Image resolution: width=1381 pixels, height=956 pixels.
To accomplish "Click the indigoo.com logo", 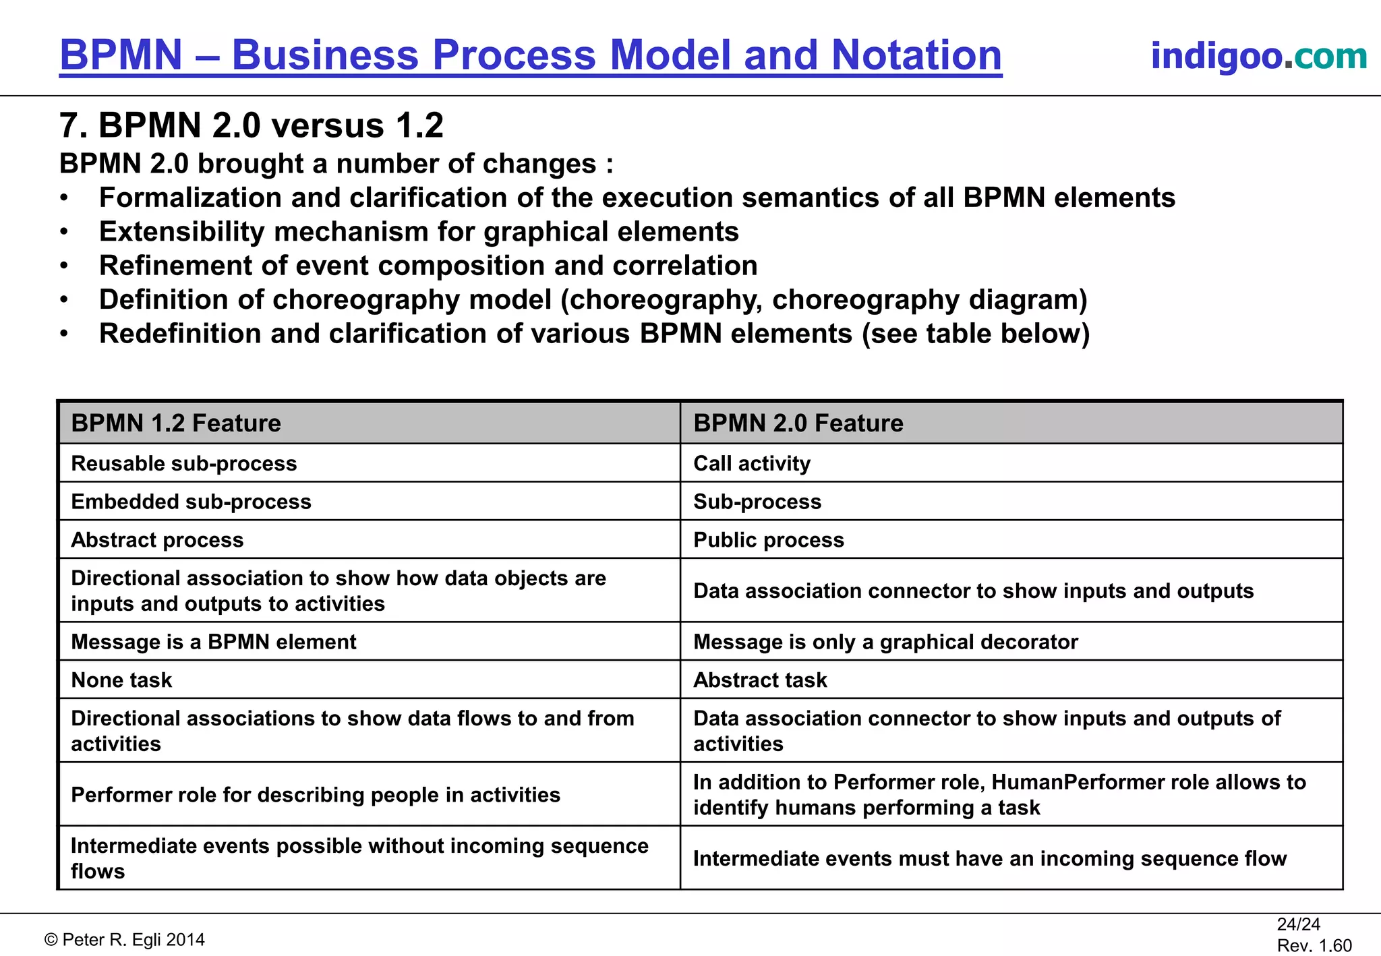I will click(x=1258, y=56).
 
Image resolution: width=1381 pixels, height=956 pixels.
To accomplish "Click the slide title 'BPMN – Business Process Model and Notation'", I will click(x=531, y=55).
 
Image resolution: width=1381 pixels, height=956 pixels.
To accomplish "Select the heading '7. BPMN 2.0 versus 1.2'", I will click(x=252, y=125).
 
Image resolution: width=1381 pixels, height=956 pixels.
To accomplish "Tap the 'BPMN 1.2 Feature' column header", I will click(x=176, y=423).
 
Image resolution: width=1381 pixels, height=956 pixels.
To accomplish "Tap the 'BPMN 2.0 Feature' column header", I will click(x=798, y=423).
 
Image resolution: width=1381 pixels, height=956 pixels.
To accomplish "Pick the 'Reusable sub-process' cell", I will click(x=184, y=464).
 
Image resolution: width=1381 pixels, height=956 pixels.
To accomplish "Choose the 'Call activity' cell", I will click(x=752, y=464).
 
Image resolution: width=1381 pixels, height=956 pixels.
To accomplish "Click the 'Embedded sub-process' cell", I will click(x=192, y=502).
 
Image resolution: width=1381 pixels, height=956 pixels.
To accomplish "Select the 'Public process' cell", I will click(x=769, y=540).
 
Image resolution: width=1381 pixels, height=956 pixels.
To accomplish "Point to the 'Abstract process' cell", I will click(x=157, y=540).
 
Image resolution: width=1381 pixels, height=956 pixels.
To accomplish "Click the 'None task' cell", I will click(x=121, y=680).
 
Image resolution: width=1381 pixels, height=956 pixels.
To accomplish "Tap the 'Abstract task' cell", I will click(x=760, y=680).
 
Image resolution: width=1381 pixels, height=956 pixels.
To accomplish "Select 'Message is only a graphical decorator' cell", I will click(x=885, y=642).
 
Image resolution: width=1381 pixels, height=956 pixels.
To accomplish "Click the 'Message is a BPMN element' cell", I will click(x=214, y=642).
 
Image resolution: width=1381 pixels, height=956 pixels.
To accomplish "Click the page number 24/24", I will click(x=1298, y=924).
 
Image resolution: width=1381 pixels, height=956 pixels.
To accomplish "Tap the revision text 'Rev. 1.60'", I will click(x=1314, y=946).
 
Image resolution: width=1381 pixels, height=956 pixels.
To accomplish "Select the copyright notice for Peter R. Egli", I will click(x=125, y=940).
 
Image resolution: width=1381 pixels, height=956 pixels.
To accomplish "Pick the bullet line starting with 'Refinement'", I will click(x=428, y=266).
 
